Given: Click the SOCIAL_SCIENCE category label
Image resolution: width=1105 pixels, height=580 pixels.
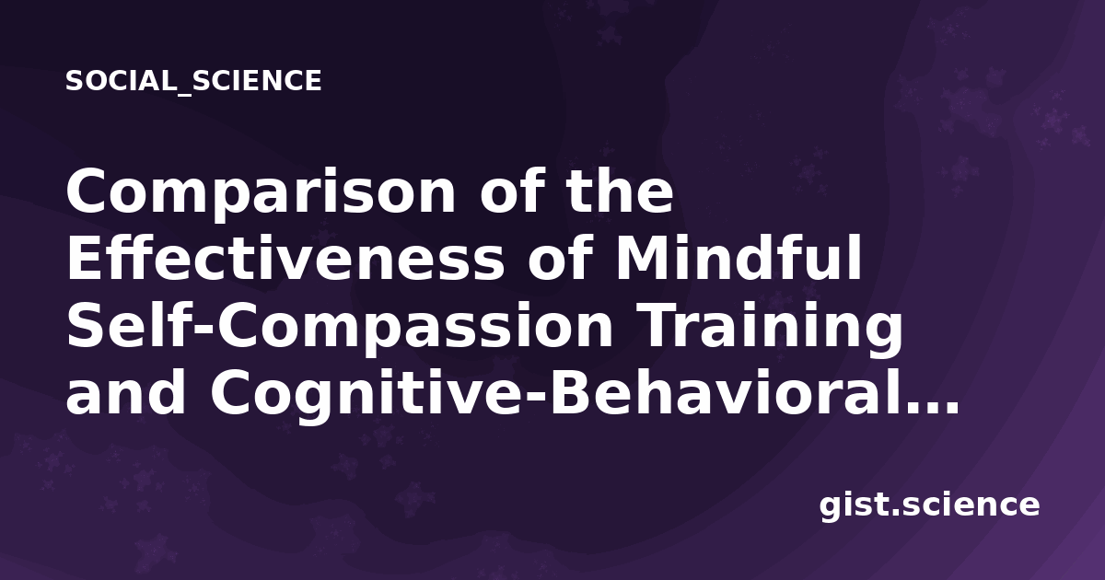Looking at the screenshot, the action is tap(193, 81).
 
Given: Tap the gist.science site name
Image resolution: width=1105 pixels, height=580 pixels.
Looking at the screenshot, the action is tap(929, 506).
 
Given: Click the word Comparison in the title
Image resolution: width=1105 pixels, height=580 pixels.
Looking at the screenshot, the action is tap(261, 193).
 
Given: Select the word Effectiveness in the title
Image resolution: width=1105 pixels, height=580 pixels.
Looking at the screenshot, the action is tap(285, 259).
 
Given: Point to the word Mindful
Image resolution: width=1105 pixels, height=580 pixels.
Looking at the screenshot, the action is tap(739, 259).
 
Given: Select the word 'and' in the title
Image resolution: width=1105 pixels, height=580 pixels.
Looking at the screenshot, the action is tap(125, 392).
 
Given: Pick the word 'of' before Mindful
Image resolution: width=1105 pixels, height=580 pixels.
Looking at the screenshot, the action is tap(560, 258).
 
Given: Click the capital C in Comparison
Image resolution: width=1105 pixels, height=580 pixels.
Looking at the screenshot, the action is tap(87, 191).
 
